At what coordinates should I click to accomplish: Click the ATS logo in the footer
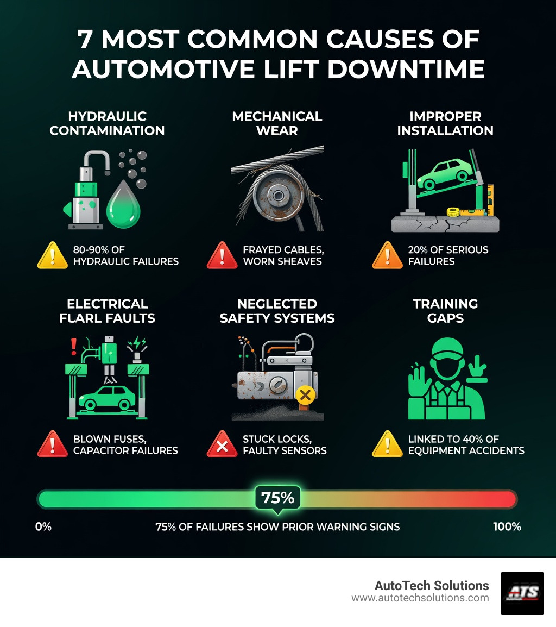tap(522, 593)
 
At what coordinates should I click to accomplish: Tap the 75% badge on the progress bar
tap(277, 498)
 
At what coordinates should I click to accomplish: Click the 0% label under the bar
tap(43, 526)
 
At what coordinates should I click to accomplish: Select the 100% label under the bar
tap(507, 526)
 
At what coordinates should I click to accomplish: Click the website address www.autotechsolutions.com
tap(420, 598)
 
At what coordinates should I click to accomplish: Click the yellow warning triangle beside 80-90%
tap(52, 255)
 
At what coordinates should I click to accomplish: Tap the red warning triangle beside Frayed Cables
tap(222, 255)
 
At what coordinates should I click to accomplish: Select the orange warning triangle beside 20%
tap(387, 255)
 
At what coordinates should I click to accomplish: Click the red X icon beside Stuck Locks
tap(222, 444)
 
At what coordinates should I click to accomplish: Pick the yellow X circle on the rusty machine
tap(306, 395)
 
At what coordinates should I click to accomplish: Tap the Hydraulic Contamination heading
tap(107, 123)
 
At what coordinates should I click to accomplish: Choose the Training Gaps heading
tap(445, 311)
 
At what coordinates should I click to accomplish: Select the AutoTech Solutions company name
tap(432, 585)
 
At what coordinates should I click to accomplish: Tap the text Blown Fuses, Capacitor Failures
tap(125, 444)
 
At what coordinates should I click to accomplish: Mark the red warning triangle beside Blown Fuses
tap(52, 444)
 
